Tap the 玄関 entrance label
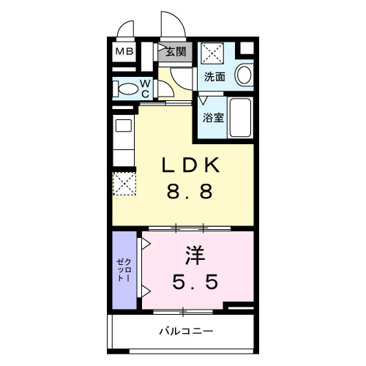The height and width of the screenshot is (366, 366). tap(175, 52)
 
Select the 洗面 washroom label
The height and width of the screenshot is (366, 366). tap(214, 76)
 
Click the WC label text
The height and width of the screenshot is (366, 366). tap(145, 89)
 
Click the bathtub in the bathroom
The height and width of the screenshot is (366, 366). tap(239, 117)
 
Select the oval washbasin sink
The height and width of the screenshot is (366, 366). tap(244, 75)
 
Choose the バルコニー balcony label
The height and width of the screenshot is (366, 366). tap(187, 332)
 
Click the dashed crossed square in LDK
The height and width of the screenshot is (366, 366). tap(124, 182)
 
